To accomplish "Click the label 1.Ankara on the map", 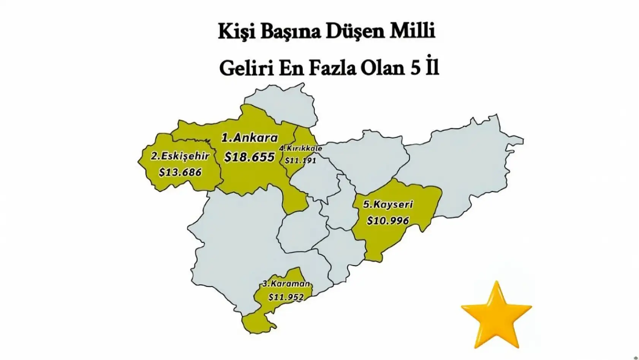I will click(x=250, y=138).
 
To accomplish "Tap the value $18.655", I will click(x=249, y=157).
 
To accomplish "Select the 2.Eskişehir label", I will click(x=180, y=156).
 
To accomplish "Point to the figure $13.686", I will click(x=180, y=172).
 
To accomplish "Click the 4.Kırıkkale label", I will click(x=301, y=148).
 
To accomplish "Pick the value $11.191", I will click(x=300, y=160).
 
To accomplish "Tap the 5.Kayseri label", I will click(x=388, y=205).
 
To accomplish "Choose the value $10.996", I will click(x=388, y=220).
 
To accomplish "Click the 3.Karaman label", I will click(x=286, y=284).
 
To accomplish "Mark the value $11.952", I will click(x=286, y=297).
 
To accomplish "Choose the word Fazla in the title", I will click(x=332, y=68).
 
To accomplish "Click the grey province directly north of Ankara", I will click(x=283, y=105).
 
